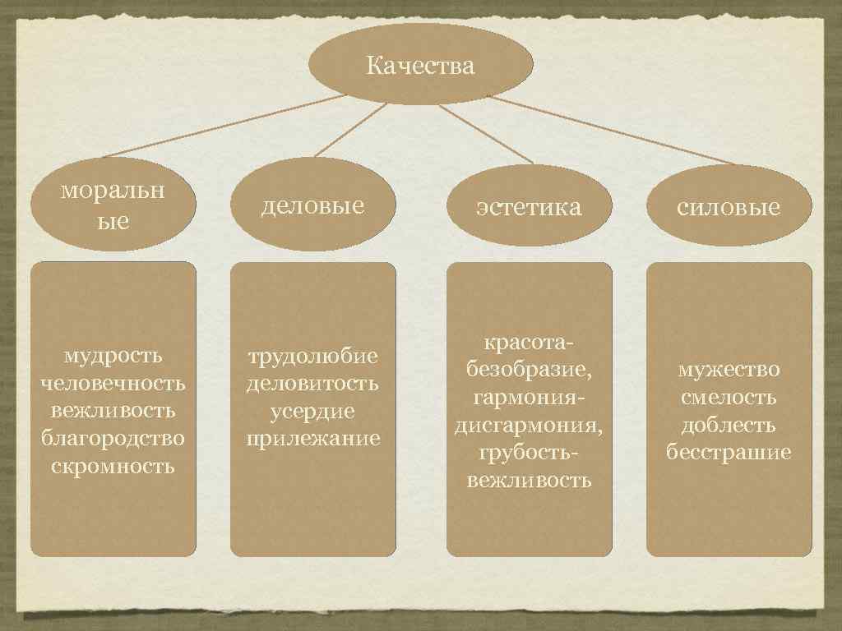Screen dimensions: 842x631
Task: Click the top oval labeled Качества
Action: [x=420, y=64]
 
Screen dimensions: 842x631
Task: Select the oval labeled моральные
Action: [x=113, y=205]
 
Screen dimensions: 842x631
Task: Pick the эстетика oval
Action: [x=529, y=206]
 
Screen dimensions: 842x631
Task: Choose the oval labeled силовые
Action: [x=729, y=206]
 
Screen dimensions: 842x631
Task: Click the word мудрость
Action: [x=113, y=356]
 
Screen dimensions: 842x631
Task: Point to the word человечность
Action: [x=113, y=383]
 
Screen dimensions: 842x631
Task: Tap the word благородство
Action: [x=113, y=438]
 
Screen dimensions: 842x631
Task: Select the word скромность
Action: [x=113, y=466]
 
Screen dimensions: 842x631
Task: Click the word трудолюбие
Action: [x=313, y=356]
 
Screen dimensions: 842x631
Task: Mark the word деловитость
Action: [x=313, y=383]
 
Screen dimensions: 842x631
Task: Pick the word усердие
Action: [x=313, y=411]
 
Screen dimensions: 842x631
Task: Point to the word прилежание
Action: [x=313, y=438]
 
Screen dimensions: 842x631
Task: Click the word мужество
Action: [x=729, y=370]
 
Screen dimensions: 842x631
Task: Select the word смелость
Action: [x=729, y=398]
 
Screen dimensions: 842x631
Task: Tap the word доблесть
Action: [x=729, y=425]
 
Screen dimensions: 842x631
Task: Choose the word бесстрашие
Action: [x=729, y=453]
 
